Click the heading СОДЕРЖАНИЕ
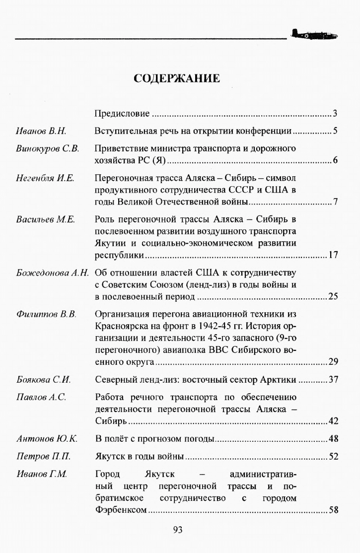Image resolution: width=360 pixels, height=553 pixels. [x=177, y=78]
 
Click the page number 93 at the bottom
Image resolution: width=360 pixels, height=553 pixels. [x=178, y=530]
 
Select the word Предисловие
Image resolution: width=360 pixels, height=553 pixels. [x=122, y=115]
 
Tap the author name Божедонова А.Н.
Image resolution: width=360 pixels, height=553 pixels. [x=52, y=273]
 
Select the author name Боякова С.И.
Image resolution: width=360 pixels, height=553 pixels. [x=43, y=380]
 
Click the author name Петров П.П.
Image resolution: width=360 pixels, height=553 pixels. [x=41, y=456]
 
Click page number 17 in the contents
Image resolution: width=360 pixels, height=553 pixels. [x=333, y=256]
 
